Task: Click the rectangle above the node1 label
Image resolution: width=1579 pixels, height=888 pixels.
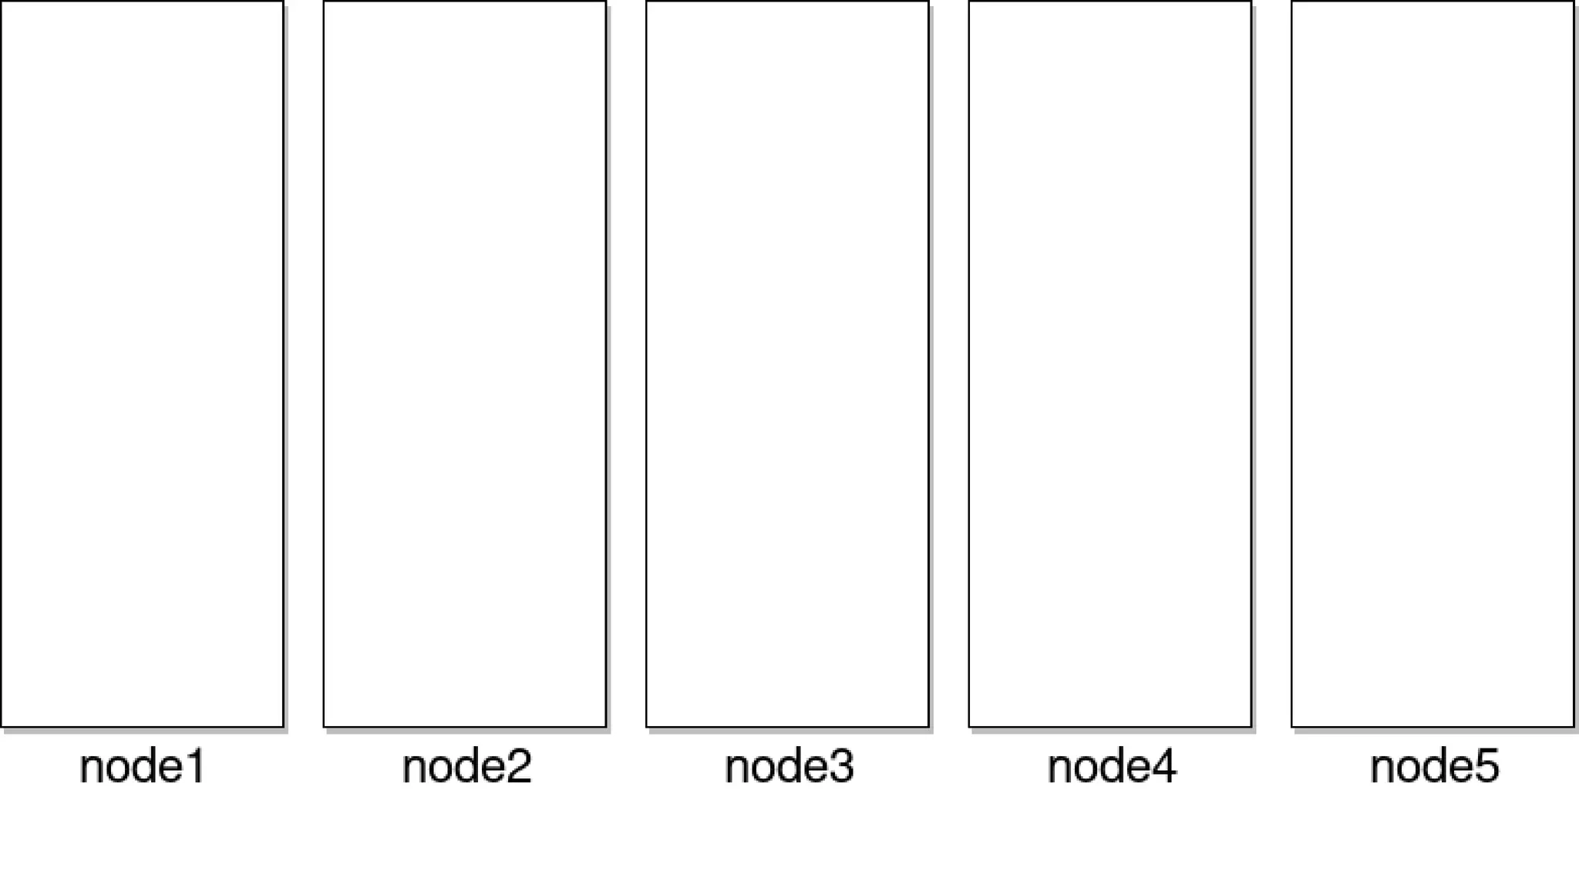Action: pos(142,363)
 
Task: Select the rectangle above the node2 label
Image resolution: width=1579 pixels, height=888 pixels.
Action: pos(464,363)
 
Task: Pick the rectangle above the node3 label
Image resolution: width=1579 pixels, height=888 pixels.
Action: pos(787,363)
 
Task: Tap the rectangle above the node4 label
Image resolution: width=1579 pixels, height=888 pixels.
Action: pos(1109,363)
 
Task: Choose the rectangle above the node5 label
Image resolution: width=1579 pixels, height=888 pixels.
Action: pos(1433,363)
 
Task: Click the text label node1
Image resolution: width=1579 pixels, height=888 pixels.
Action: pos(143,767)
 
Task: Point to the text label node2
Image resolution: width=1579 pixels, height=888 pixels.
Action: pos(466,767)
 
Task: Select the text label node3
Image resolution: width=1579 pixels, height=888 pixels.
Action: pos(789,767)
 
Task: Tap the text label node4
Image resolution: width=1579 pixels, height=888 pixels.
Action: pos(1112,767)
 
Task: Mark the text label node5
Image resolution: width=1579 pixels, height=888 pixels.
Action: pos(1435,767)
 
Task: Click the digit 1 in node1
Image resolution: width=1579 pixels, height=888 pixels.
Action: pos(196,767)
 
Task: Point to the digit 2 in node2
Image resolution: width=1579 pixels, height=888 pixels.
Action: pos(520,767)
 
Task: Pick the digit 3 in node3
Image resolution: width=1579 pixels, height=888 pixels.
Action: pos(842,767)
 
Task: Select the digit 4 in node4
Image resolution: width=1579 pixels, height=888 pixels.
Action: pos(1165,767)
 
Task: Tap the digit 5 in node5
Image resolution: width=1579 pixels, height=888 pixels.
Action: pos(1487,767)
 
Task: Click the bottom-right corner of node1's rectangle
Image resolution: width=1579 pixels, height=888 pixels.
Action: pos(283,726)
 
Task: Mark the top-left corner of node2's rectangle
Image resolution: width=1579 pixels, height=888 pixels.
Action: pos(324,2)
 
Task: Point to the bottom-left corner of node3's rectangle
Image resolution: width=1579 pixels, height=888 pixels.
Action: pos(647,726)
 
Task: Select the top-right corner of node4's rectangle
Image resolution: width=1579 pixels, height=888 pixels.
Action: pos(1251,2)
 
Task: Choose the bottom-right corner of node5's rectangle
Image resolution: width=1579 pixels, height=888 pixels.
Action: pos(1574,726)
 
